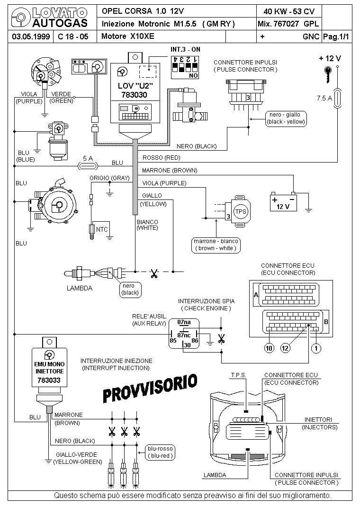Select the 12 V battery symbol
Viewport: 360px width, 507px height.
(283, 202)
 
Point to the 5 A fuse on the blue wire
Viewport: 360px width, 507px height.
(88, 166)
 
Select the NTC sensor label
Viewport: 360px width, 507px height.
(102, 229)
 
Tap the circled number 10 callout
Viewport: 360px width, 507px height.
(269, 348)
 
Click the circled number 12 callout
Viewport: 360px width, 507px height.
(285, 348)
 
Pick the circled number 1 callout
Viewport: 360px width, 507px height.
(316, 348)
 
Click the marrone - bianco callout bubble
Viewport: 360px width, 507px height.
(216, 245)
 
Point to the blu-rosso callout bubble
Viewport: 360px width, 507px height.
(160, 453)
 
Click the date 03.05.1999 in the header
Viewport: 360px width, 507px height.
(31, 36)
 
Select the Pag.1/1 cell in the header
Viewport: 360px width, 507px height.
(336, 36)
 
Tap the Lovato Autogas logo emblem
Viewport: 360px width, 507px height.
(20, 18)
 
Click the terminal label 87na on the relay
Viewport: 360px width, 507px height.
(184, 322)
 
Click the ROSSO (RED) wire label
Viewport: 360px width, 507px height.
(161, 158)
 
